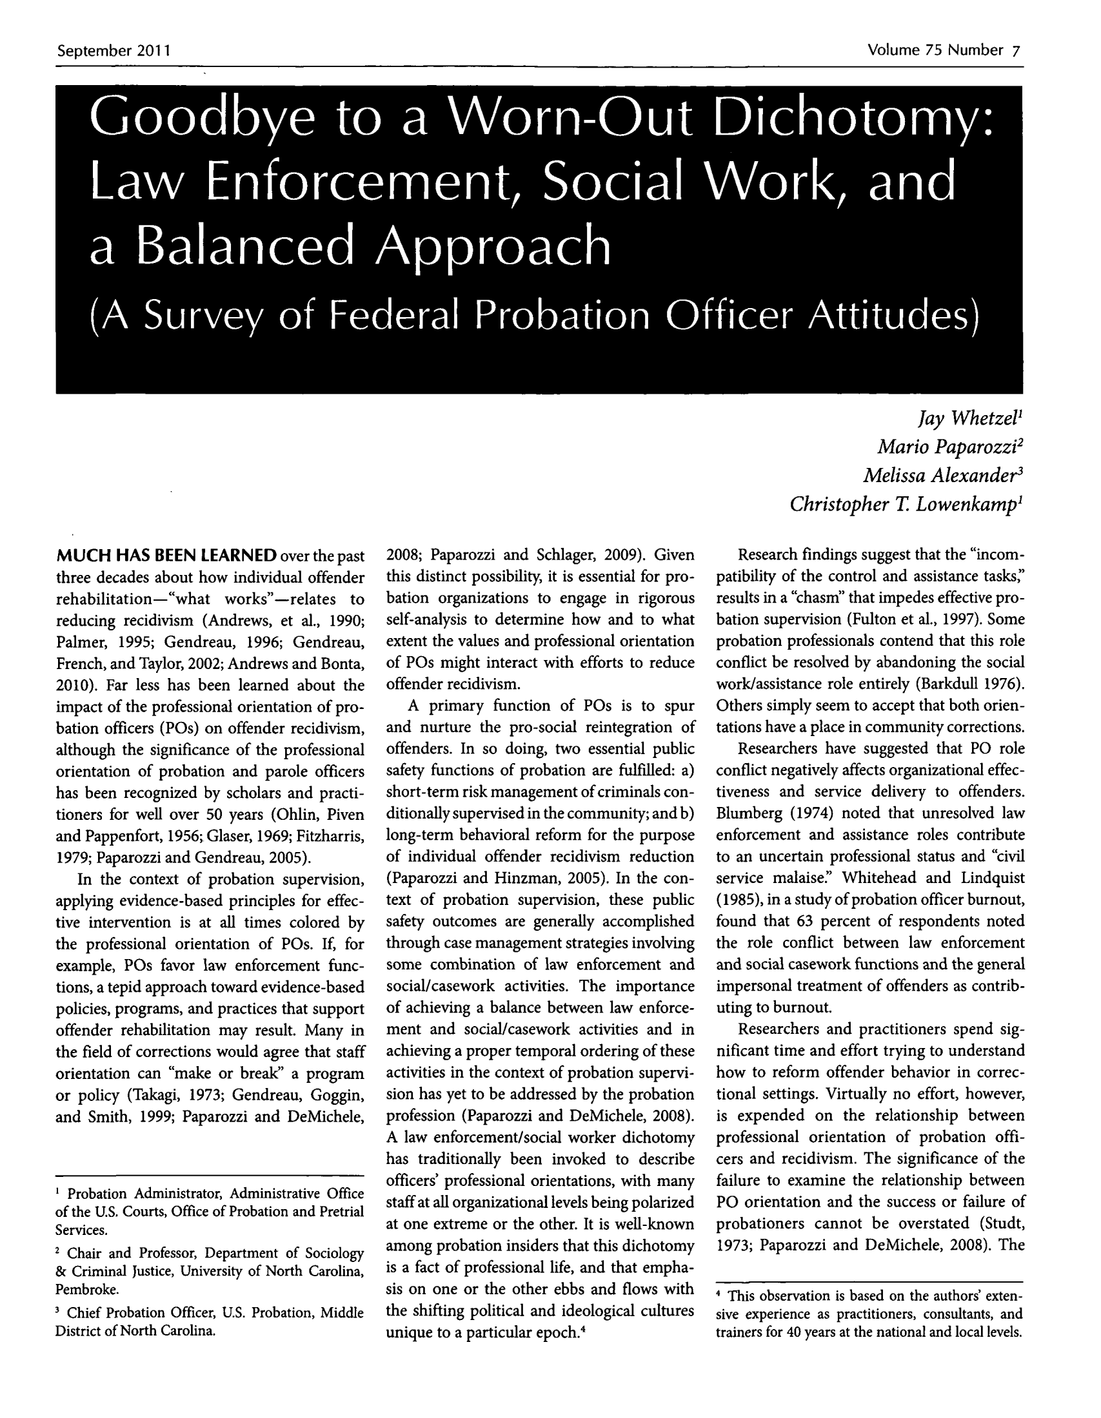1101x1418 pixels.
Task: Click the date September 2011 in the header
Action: tap(114, 51)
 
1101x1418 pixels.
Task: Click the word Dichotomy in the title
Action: tap(853, 119)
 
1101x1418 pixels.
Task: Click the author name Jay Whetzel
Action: tap(971, 420)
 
